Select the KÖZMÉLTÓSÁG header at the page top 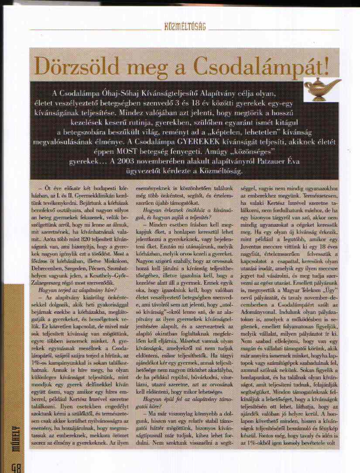(x=185, y=27)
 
